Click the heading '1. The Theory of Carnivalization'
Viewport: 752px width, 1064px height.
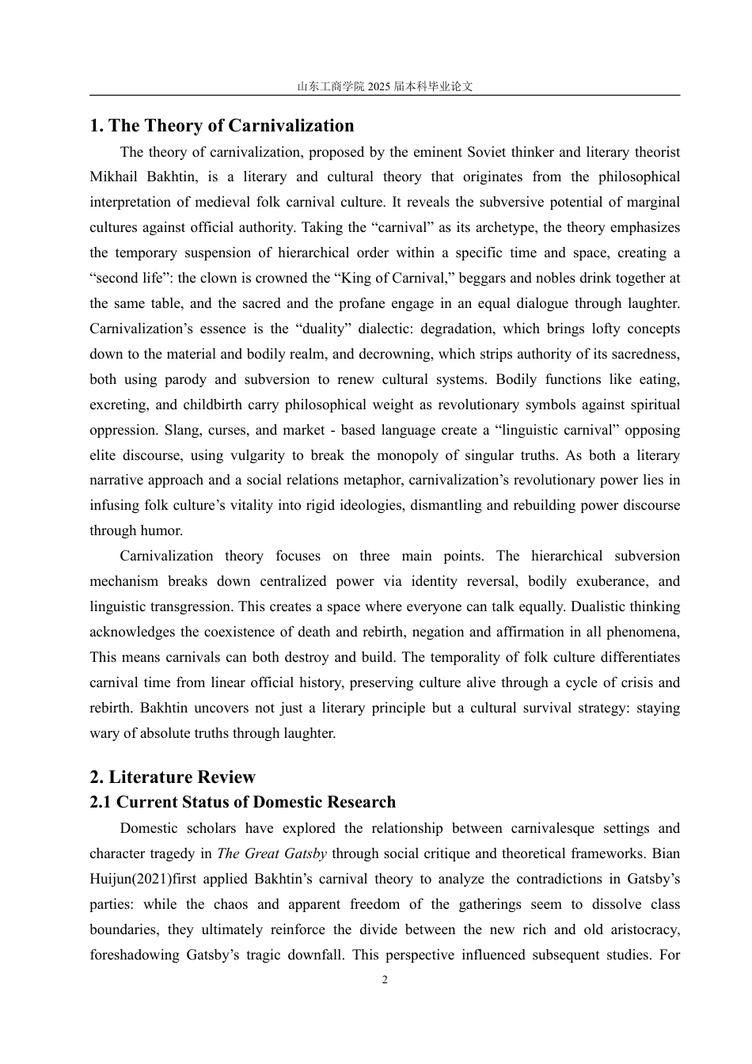click(222, 126)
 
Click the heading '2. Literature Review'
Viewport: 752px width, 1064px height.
click(173, 777)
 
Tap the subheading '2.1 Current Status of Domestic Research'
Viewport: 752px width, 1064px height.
click(242, 803)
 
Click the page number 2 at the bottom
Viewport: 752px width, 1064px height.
click(385, 980)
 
